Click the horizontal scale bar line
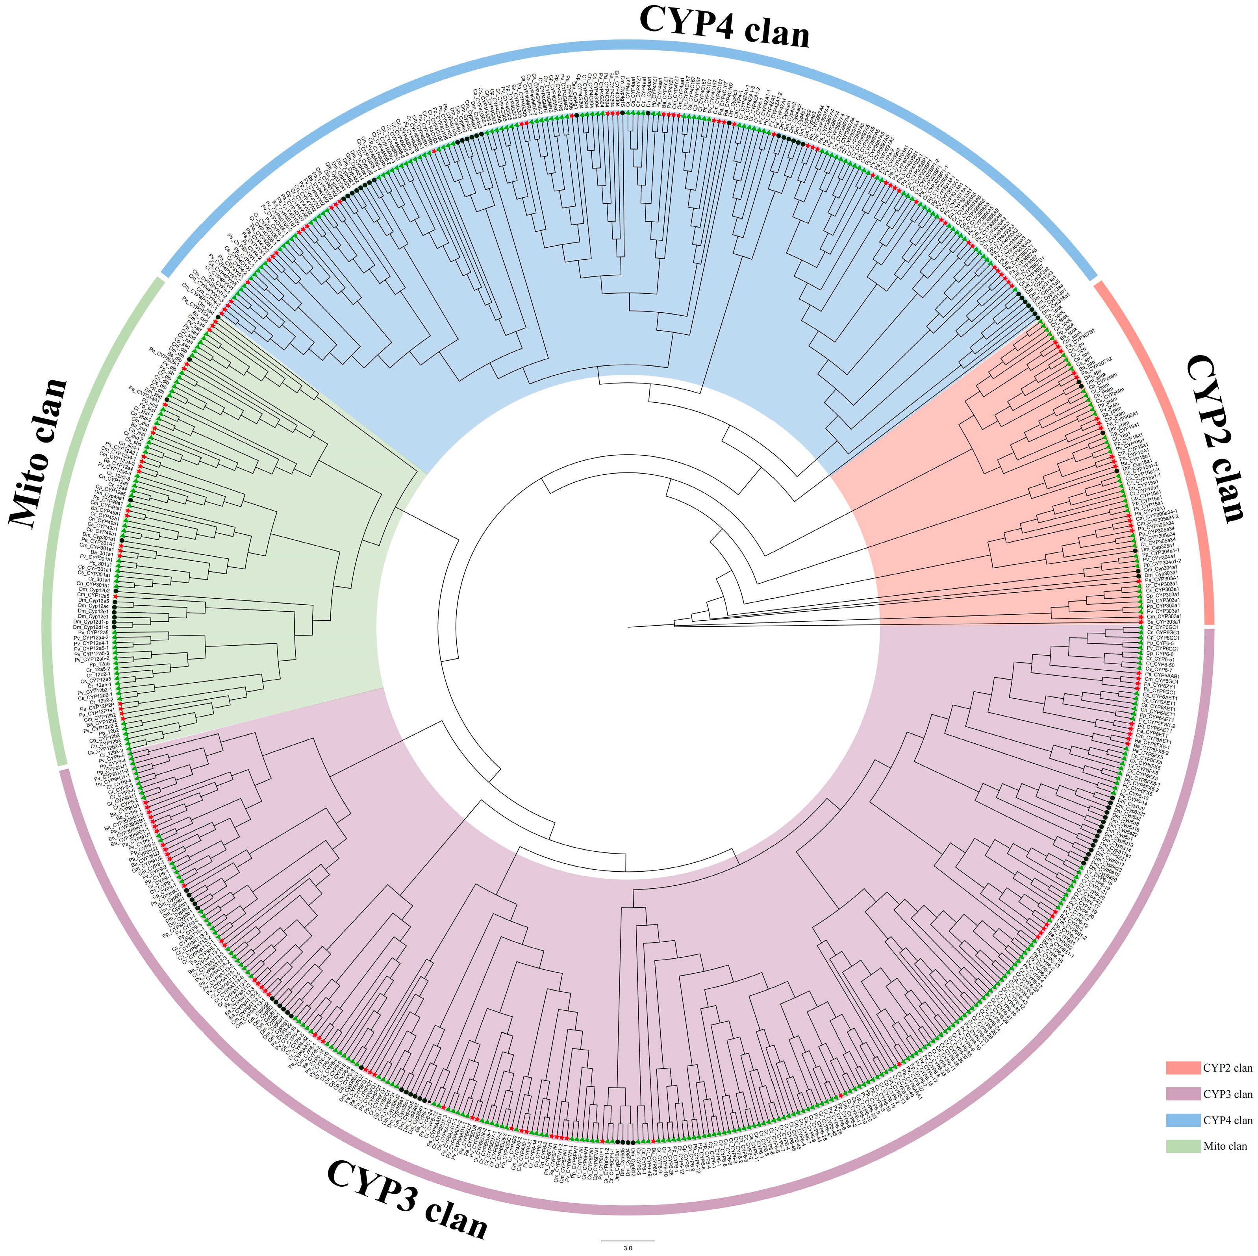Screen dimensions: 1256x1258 628,1239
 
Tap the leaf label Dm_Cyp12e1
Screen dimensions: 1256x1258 93,611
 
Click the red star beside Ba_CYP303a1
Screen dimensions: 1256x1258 1141,621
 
